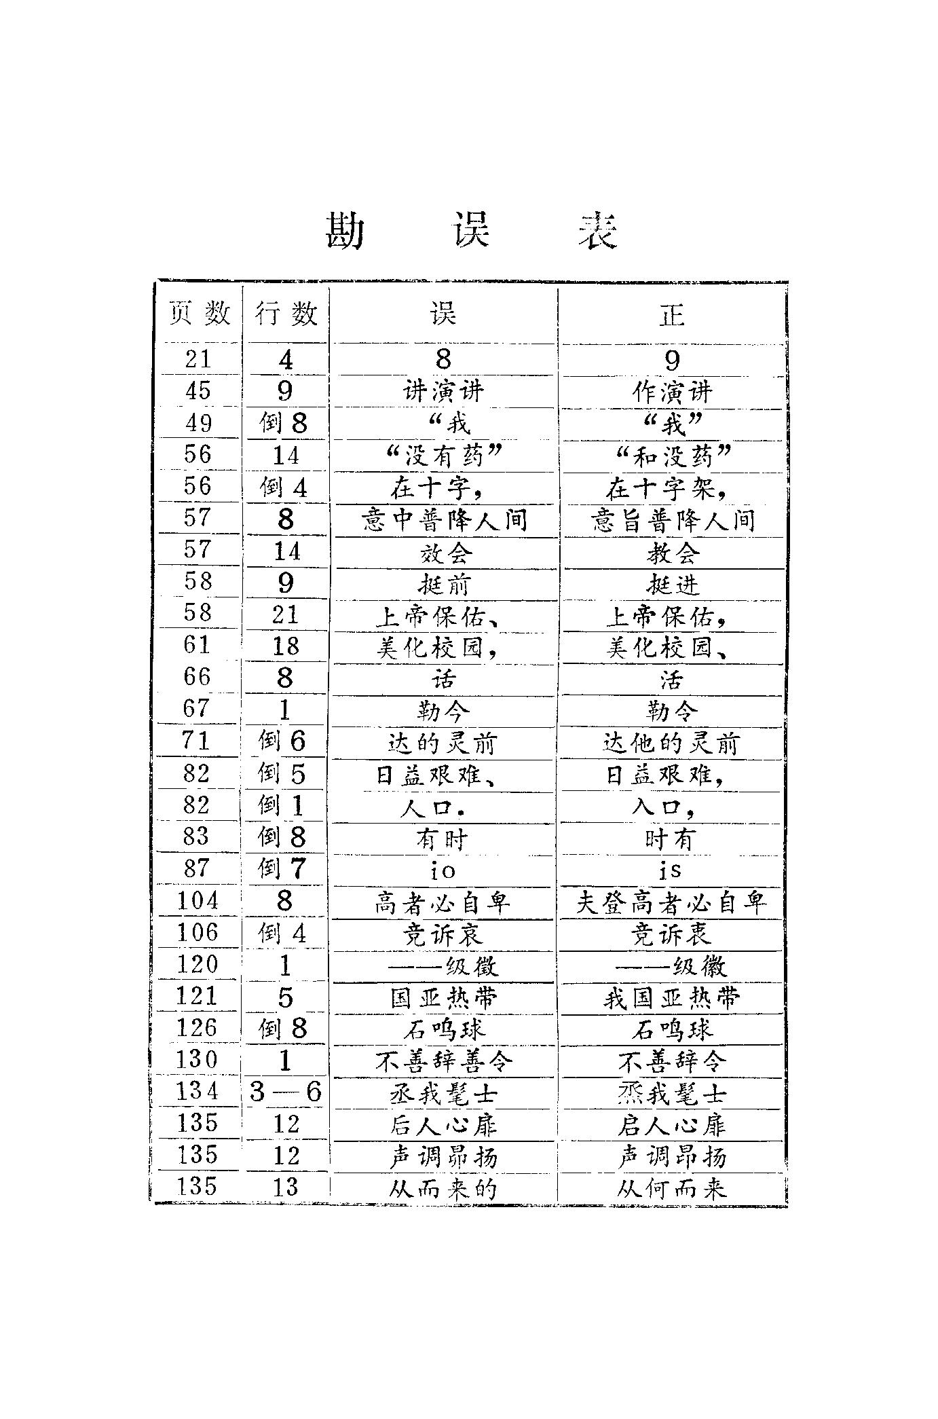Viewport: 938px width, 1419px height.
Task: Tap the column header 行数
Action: click(286, 314)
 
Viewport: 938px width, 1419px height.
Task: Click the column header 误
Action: click(443, 314)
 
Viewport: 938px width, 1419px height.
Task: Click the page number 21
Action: click(198, 359)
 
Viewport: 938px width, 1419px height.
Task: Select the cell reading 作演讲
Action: click(672, 392)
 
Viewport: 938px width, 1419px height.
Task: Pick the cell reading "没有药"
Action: click(443, 456)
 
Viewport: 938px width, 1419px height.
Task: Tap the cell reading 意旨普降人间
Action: click(672, 521)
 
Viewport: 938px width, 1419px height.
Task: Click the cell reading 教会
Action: click(672, 553)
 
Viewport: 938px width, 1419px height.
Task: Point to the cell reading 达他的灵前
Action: click(671, 743)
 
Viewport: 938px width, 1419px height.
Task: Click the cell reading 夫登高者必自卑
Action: click(671, 902)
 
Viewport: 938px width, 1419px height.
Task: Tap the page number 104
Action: click(198, 901)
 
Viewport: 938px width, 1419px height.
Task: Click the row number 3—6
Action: click(285, 1092)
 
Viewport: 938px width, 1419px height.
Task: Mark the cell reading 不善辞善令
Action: click(444, 1061)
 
